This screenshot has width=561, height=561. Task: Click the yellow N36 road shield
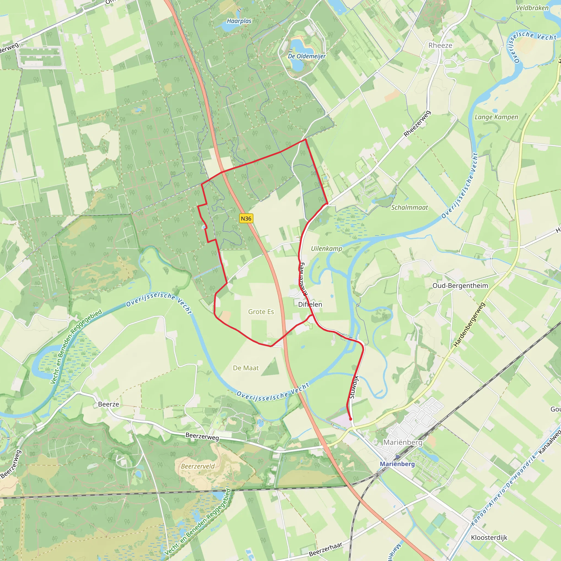click(x=246, y=218)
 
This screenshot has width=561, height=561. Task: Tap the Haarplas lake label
click(x=239, y=21)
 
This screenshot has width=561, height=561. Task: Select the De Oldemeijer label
click(x=307, y=56)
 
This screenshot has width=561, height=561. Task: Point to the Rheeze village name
click(x=440, y=45)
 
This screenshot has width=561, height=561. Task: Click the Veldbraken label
click(x=532, y=8)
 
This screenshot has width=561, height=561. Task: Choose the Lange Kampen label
click(x=496, y=117)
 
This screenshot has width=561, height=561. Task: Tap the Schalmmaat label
click(x=410, y=207)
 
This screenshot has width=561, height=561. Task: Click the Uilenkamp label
click(x=326, y=248)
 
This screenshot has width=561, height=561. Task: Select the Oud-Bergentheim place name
click(x=460, y=285)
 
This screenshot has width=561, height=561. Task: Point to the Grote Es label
click(x=261, y=311)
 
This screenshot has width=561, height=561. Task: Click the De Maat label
click(x=246, y=368)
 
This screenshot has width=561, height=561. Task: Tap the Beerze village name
click(x=108, y=404)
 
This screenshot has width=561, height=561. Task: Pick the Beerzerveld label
click(x=198, y=466)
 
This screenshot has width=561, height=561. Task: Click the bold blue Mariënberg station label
click(x=397, y=464)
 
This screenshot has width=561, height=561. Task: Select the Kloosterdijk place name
click(x=489, y=537)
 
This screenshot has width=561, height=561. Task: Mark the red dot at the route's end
click(x=350, y=419)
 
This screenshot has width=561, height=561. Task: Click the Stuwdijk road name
click(x=354, y=387)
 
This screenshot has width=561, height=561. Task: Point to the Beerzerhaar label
click(x=325, y=549)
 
